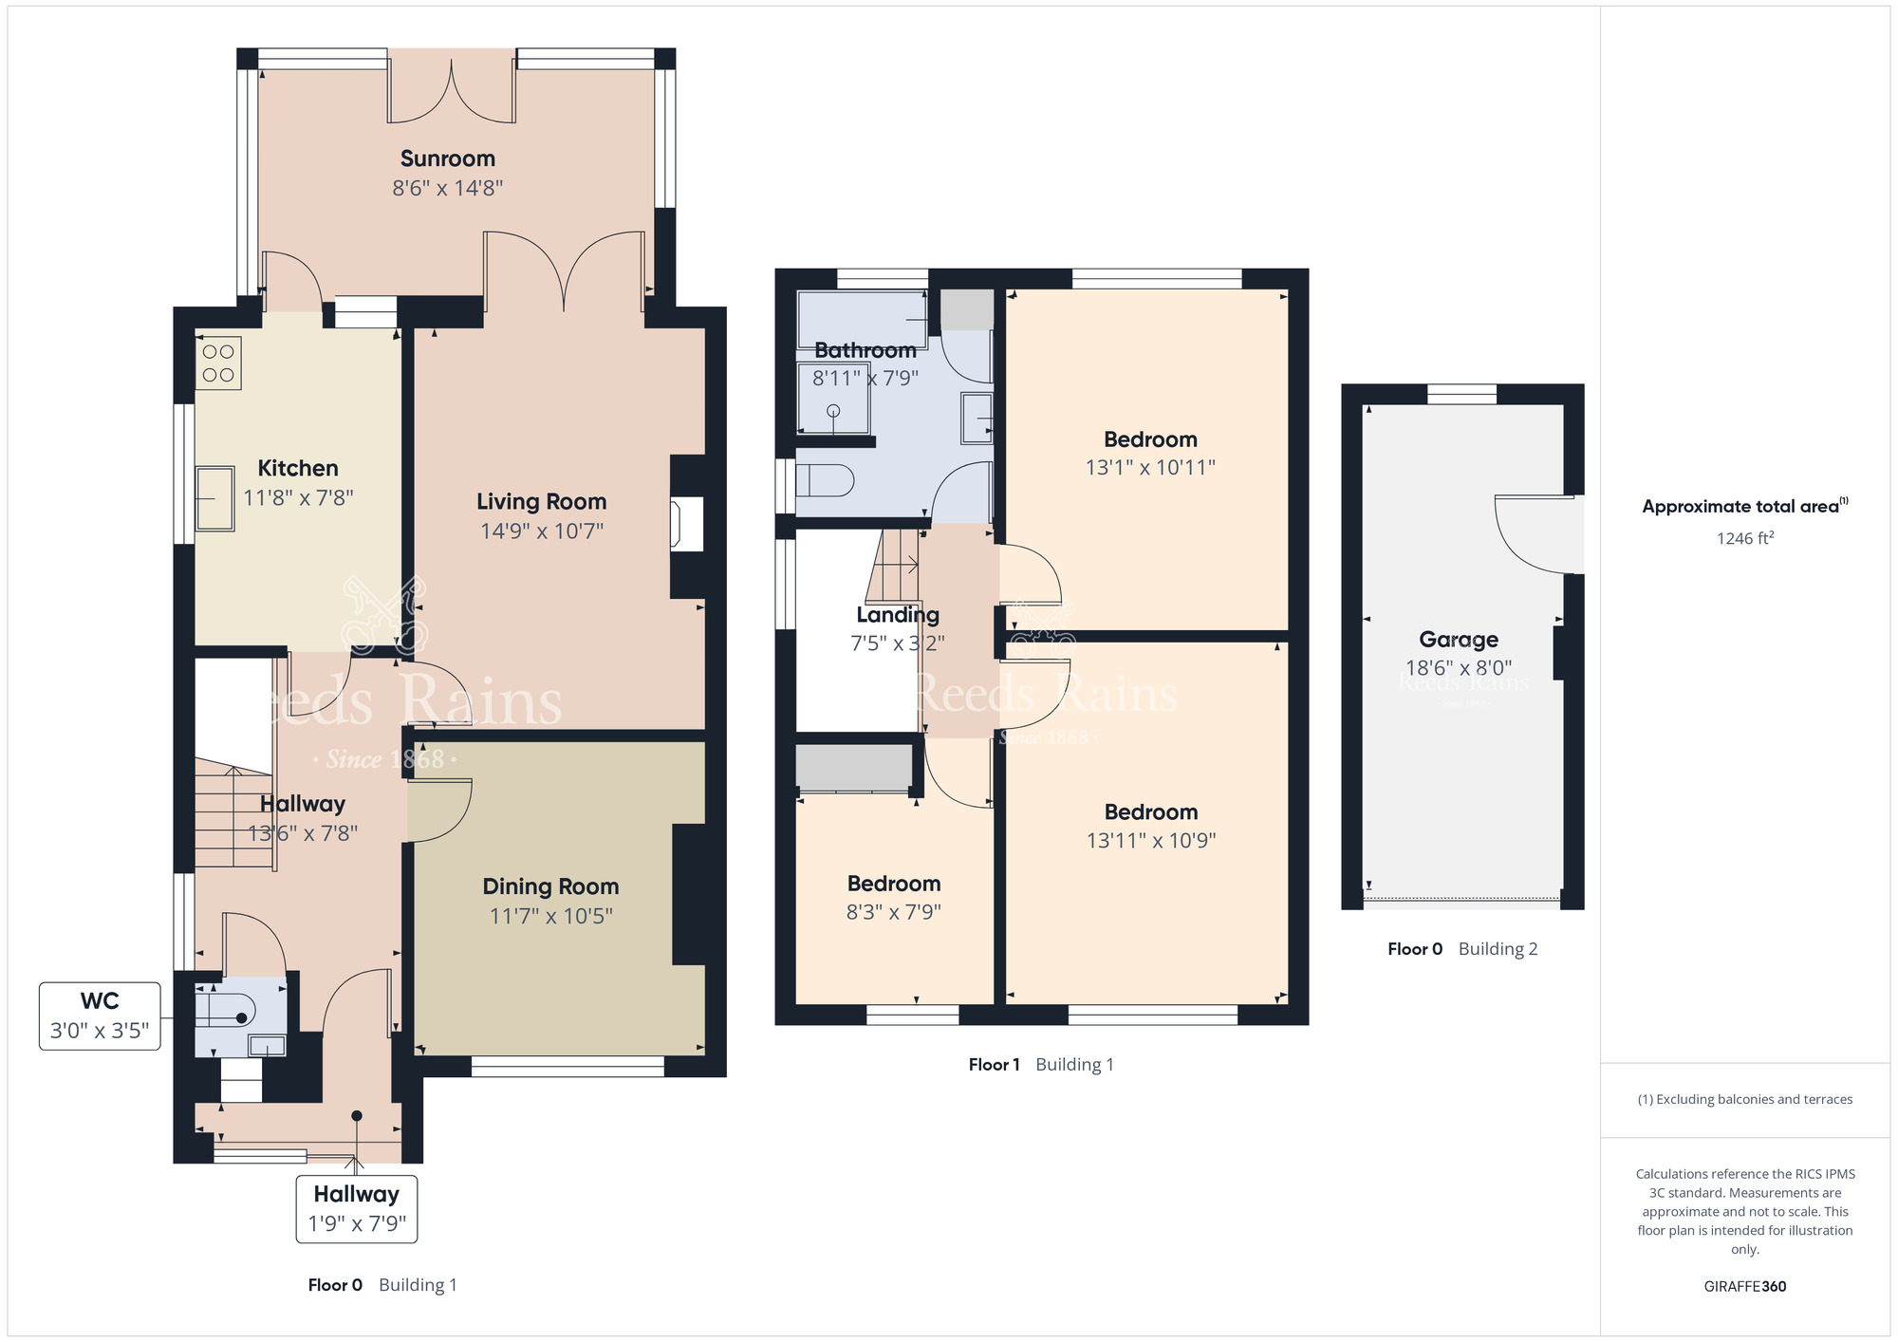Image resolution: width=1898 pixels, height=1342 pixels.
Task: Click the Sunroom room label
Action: [447, 158]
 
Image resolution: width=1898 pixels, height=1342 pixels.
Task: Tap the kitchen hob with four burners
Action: [218, 363]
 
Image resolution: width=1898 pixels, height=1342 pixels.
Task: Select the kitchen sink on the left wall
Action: [214, 498]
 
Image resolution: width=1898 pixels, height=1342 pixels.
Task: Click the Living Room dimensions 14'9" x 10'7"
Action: [542, 531]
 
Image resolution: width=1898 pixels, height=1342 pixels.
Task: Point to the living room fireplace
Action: [686, 524]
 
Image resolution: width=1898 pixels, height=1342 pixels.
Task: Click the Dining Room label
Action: [550, 886]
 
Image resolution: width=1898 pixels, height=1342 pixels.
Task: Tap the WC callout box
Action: [100, 1016]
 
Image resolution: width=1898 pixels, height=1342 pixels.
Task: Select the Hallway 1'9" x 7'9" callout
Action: [356, 1208]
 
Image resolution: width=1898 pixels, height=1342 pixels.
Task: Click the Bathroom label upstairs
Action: [865, 350]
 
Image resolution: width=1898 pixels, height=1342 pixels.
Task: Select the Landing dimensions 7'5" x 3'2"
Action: [897, 643]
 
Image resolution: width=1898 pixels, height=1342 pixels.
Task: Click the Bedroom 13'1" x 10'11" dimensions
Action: [1150, 467]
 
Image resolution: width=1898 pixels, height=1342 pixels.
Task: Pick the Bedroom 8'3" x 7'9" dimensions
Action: [893, 912]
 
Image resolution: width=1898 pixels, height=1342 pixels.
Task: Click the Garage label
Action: [1458, 640]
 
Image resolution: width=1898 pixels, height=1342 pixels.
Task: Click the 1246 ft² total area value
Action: [1744, 538]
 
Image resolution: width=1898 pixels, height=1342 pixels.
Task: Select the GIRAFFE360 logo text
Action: [1744, 1287]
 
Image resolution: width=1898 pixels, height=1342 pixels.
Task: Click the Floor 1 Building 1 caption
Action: [1040, 1065]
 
